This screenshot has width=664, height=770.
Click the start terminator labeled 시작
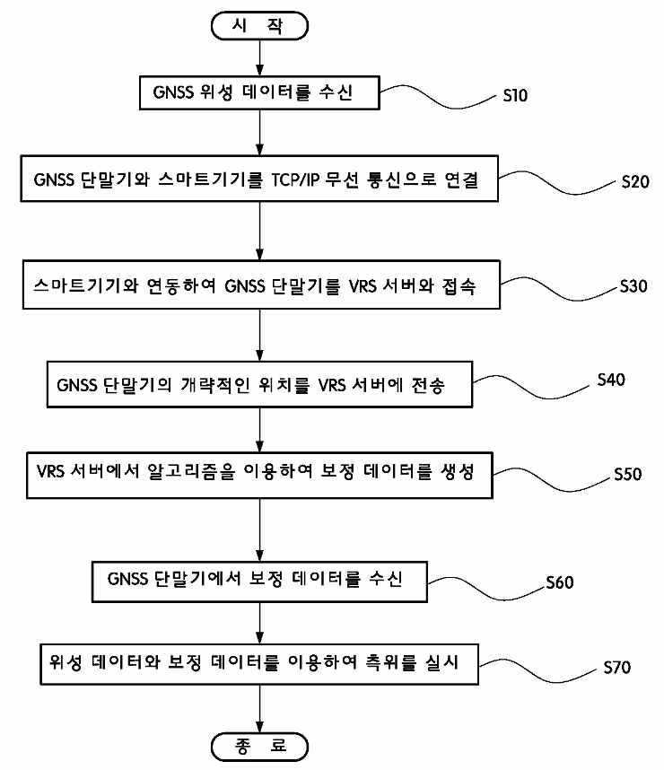click(259, 25)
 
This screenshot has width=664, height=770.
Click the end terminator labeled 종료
click(259, 746)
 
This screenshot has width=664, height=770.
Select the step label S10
click(516, 96)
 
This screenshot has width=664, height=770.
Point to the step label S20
click(634, 181)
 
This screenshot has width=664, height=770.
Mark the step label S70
click(619, 668)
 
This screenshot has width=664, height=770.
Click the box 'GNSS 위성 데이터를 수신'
click(259, 92)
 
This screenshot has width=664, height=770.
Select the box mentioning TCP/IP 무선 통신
click(259, 179)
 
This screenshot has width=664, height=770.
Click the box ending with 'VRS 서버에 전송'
click(259, 386)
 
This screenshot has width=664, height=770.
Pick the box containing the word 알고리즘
click(259, 473)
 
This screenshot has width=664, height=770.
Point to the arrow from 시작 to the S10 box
click(259, 57)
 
